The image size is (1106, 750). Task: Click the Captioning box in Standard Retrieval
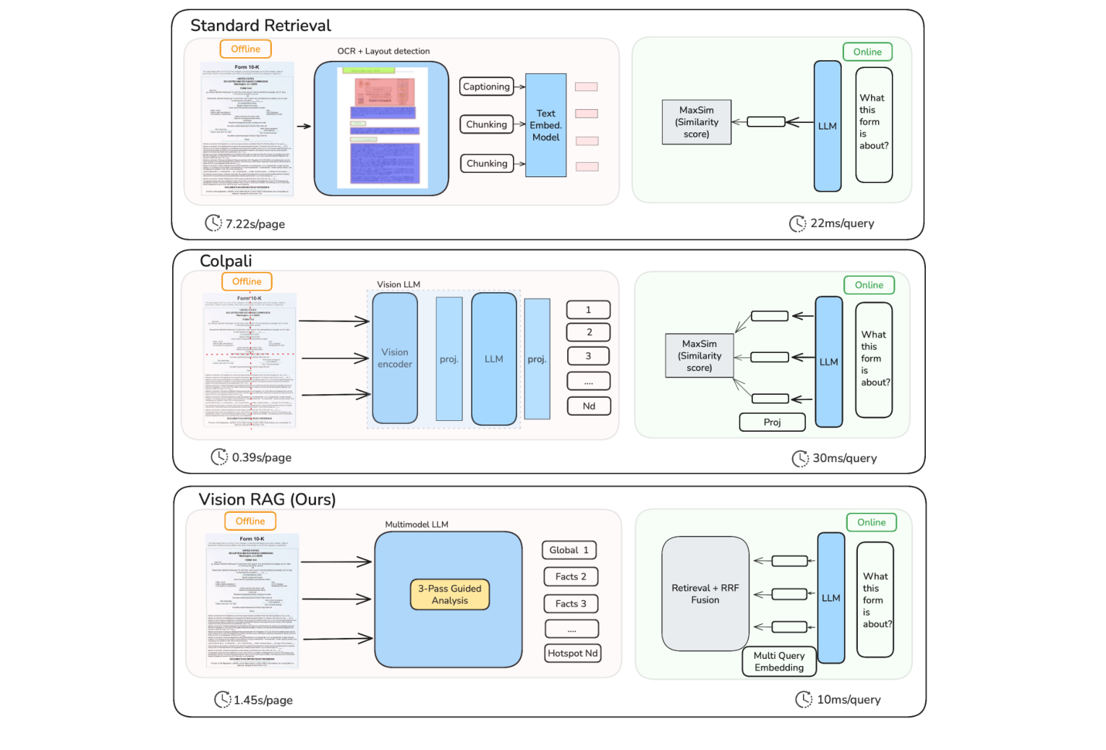pyautogui.click(x=486, y=87)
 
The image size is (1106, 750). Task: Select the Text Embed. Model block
pyautogui.click(x=545, y=125)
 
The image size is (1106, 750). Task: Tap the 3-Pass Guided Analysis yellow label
pyautogui.click(x=449, y=595)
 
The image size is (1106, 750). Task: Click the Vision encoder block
pyautogui.click(x=395, y=358)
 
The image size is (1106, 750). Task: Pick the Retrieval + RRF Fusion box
pyautogui.click(x=705, y=594)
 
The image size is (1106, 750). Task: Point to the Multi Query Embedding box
pyautogui.click(x=778, y=662)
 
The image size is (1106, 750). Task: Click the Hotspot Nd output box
pyautogui.click(x=572, y=653)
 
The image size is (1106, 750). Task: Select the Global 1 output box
pyautogui.click(x=569, y=550)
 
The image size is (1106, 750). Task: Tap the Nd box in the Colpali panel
pyautogui.click(x=589, y=406)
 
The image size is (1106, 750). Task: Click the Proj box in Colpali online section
pyautogui.click(x=772, y=422)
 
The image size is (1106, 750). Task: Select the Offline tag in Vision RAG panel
pyautogui.click(x=250, y=521)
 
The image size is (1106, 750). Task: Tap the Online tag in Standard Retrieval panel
pyautogui.click(x=867, y=52)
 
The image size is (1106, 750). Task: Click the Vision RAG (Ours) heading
pyautogui.click(x=267, y=500)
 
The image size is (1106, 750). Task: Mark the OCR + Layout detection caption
pyautogui.click(x=383, y=51)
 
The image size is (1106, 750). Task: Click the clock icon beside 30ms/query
pyautogui.click(x=800, y=459)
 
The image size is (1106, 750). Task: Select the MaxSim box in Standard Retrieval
pyautogui.click(x=697, y=122)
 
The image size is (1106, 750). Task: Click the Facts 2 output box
pyautogui.click(x=571, y=577)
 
